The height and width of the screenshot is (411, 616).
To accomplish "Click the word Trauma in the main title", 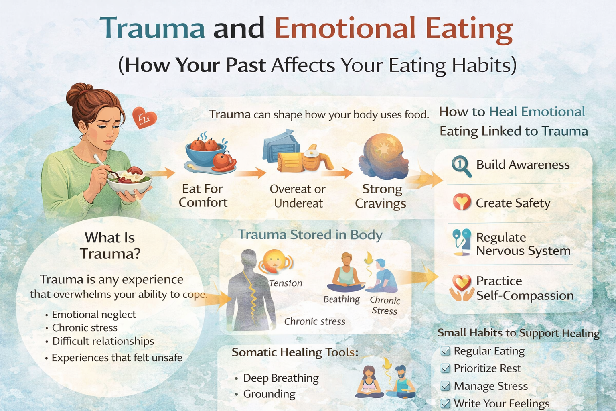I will (152, 28).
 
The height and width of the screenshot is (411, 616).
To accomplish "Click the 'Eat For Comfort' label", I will (203, 195).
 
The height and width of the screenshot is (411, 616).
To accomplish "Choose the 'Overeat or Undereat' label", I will (298, 196).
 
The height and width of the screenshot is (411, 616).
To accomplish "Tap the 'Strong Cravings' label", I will (381, 196).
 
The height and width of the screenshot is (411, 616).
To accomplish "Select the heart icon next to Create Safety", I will (462, 202).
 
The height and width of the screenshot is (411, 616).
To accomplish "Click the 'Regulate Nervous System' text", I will (523, 244).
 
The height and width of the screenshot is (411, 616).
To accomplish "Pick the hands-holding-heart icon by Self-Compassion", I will (461, 287).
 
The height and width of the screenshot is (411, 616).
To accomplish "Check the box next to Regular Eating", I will (445, 351).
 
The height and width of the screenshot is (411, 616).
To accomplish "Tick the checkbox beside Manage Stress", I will (445, 386).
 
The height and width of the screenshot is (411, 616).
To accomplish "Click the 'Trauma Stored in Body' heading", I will (310, 234).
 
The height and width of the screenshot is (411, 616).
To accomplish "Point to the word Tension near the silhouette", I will (285, 283).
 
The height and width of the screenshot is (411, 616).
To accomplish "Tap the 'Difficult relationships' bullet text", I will (103, 341).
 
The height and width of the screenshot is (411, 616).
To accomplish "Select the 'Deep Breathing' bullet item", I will (281, 378).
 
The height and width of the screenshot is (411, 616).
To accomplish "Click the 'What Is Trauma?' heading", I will (110, 245).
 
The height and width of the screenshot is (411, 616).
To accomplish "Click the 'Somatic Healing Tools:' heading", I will (295, 352).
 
